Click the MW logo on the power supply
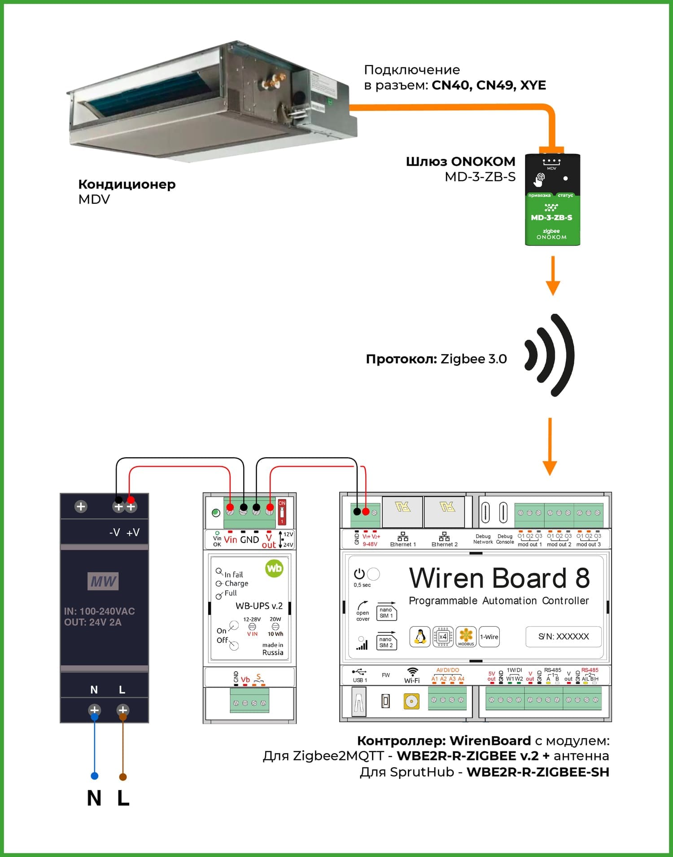[103, 582]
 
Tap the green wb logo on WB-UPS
[274, 568]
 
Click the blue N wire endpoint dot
[94, 776]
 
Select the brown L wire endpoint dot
[122, 777]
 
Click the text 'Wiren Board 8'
[499, 578]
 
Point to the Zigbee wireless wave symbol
[550, 355]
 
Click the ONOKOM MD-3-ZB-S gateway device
[552, 200]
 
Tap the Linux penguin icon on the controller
[420, 637]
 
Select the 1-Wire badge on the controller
[489, 637]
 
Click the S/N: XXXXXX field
[563, 636]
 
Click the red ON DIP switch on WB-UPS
[282, 512]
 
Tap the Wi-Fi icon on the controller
[411, 672]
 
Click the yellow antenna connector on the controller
[411, 701]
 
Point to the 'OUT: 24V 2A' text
[93, 622]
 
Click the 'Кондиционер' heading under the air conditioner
[127, 184]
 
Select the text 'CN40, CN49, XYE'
[489, 85]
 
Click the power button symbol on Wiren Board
[359, 574]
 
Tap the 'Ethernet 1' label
[403, 544]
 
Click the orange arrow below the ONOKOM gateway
[553, 275]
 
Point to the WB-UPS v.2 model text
[259, 606]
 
